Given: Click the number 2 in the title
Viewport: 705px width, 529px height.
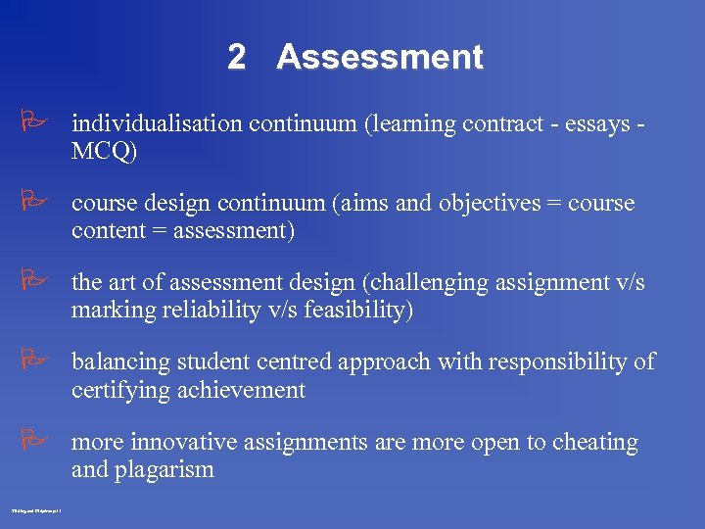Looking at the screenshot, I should click(236, 57).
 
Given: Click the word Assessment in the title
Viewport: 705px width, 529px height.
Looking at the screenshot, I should click(380, 57).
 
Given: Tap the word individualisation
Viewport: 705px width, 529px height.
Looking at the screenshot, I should click(156, 124).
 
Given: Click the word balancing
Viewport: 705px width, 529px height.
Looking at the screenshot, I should click(116, 362).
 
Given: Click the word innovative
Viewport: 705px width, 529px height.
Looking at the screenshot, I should click(183, 443).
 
